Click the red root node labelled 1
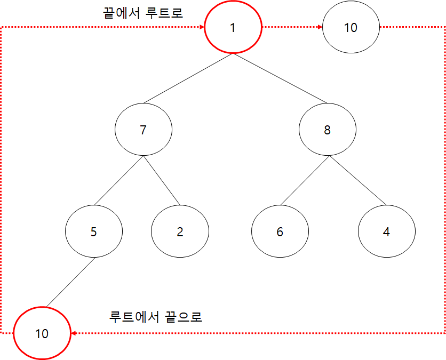(233, 27)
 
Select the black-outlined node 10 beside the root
(351, 27)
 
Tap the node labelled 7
(143, 130)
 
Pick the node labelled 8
(327, 130)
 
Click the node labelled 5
(94, 231)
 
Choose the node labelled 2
(180, 231)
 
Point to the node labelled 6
(280, 231)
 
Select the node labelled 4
(386, 231)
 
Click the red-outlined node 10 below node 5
(42, 334)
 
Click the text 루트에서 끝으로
(155, 317)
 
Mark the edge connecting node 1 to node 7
(188, 78)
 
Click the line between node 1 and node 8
(280, 78)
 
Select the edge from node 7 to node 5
(118, 180)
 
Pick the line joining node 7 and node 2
(161, 180)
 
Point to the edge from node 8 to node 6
(304, 180)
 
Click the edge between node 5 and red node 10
(70, 283)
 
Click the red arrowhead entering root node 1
(201, 27)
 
